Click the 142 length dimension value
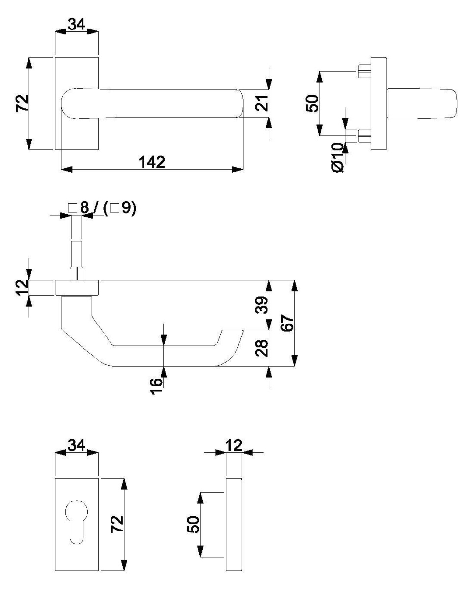tap(152, 162)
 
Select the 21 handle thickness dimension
tap(262, 103)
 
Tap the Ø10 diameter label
tap(337, 158)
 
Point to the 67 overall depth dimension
tap(287, 323)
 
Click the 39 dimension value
tap(262, 305)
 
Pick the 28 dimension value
tap(262, 348)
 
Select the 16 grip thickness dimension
tap(156, 386)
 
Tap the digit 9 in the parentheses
tap(126, 208)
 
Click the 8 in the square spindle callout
tap(84, 207)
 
